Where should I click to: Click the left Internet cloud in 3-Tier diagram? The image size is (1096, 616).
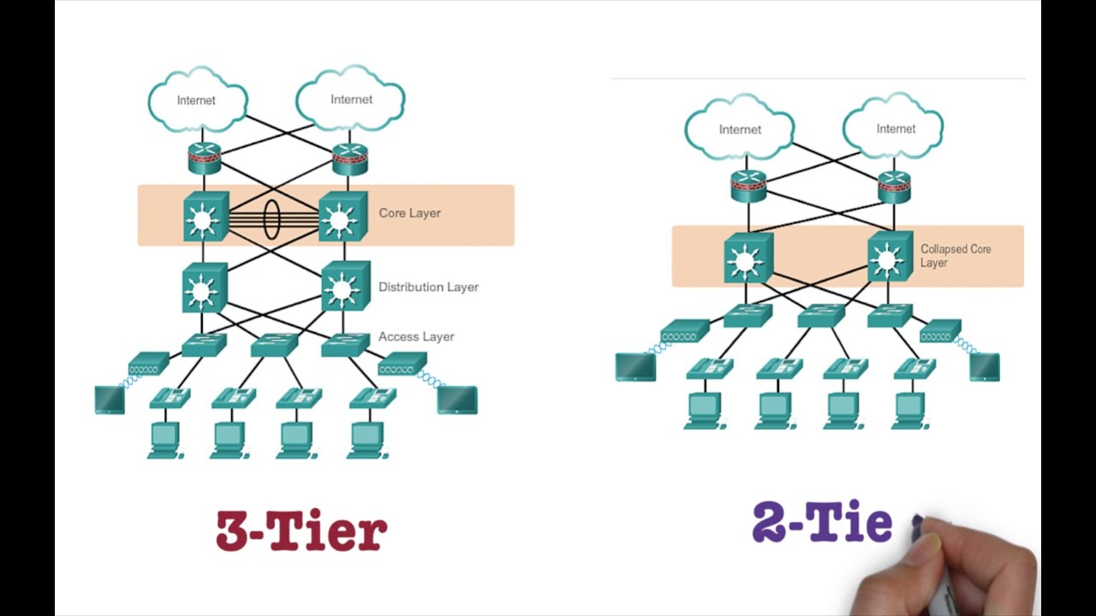197,100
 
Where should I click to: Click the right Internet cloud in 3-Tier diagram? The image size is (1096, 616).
351,99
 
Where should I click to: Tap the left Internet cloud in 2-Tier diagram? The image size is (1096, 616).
740,129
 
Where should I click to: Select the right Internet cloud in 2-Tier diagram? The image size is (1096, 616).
896,128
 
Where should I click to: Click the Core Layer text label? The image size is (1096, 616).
409,213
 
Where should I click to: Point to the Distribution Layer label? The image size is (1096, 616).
428,287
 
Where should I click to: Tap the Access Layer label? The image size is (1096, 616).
416,336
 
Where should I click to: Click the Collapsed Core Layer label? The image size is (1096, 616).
955,256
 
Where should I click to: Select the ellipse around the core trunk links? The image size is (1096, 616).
271,219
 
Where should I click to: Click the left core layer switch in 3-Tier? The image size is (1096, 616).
205,217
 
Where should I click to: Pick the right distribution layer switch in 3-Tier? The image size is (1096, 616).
345,287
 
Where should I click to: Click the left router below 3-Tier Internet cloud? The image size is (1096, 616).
205,157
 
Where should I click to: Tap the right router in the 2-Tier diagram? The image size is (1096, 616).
894,186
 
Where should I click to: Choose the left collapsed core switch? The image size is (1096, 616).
748,258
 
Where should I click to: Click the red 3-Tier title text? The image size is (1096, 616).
301,530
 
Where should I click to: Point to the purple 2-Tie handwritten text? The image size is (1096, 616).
822,523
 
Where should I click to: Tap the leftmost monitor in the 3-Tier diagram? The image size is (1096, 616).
110,400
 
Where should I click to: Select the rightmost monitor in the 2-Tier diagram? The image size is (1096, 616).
985,366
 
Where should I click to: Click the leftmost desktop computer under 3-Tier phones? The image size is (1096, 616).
165,440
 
